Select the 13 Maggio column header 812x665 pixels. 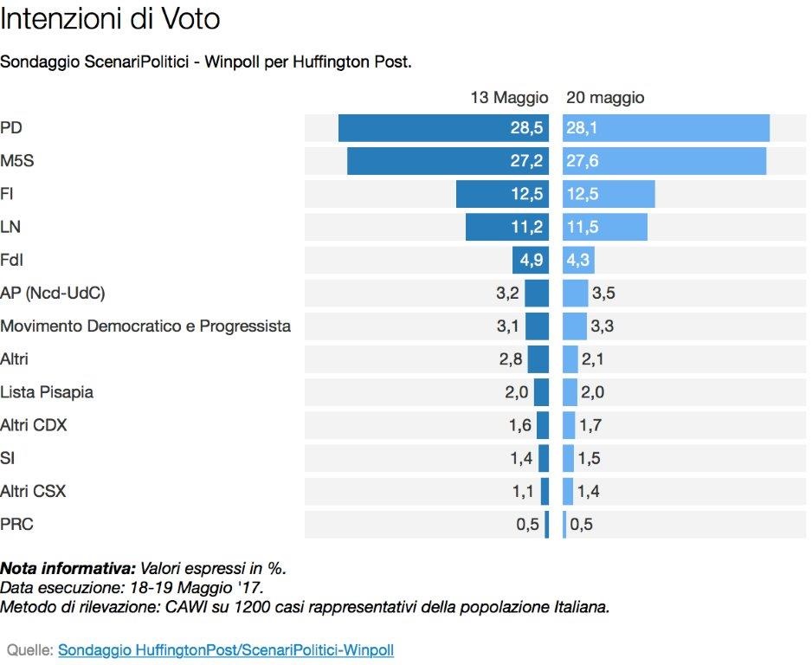[x=509, y=98]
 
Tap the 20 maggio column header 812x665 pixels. [x=605, y=98]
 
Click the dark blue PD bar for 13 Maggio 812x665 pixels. [x=424, y=128]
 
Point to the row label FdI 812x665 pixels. [x=12, y=260]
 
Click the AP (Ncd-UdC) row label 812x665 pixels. [x=53, y=294]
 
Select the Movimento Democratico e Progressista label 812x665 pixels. [x=145, y=326]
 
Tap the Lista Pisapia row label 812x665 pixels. [x=47, y=392]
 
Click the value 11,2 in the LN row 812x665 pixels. [x=527, y=227]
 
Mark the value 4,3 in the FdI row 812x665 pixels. [x=577, y=260]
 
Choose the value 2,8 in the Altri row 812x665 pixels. [x=511, y=359]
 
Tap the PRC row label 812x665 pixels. [x=17, y=524]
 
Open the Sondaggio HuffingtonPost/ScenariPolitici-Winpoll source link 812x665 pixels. [x=226, y=649]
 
